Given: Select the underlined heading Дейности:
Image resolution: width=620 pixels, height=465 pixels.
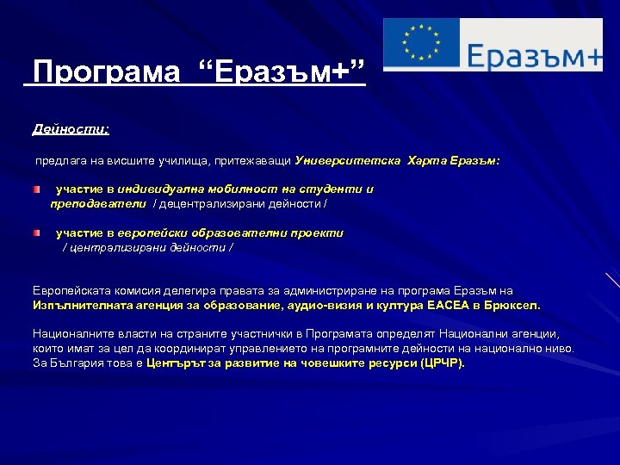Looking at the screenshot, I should click(71, 129).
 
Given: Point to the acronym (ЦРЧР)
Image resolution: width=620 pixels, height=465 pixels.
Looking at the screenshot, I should click(441, 363).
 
